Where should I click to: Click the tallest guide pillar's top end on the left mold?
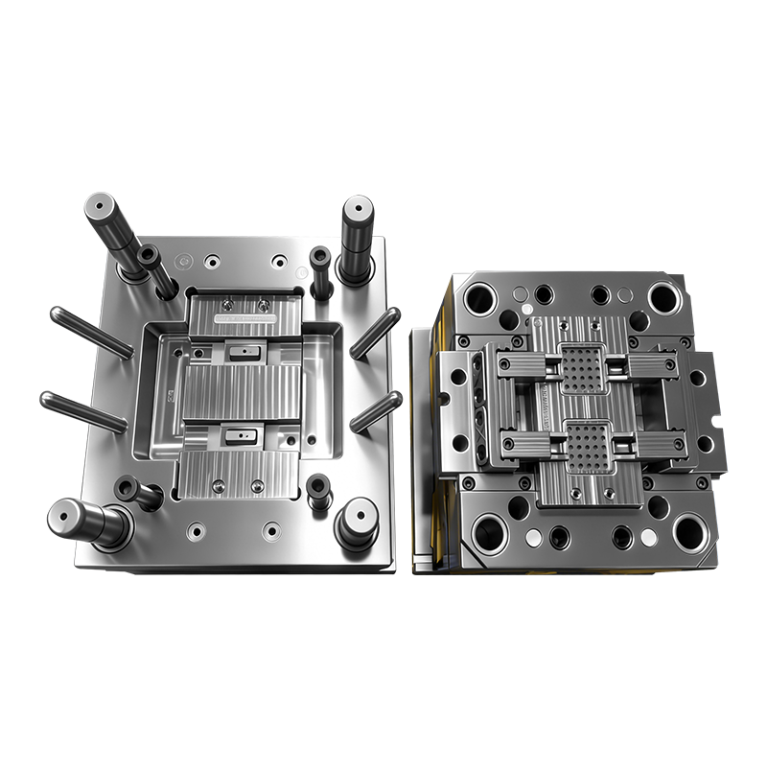pos(99,206)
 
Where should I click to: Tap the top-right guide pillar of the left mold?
pos(358,210)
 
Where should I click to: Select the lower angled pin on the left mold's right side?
pos(375,412)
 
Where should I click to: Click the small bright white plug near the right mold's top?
pos(526,311)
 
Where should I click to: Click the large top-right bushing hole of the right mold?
pos(663,298)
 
